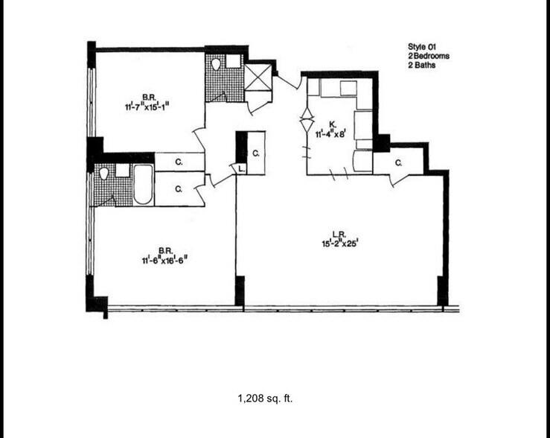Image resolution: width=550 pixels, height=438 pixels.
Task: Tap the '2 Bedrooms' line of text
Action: (429, 56)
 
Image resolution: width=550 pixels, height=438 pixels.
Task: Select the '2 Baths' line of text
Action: (422, 66)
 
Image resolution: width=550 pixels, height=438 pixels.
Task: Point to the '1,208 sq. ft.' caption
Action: (266, 399)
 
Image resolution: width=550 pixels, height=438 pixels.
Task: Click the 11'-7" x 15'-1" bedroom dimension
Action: (148, 106)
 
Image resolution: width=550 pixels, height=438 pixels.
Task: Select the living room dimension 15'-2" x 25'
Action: (340, 242)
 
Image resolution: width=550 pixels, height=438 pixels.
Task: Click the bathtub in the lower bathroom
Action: (143, 184)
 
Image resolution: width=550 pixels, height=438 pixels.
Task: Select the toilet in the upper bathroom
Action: (216, 64)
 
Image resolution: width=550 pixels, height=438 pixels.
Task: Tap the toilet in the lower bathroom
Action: (104, 174)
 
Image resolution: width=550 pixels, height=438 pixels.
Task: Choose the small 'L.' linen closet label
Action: (240, 169)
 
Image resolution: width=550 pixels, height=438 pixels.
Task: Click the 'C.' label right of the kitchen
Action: (398, 162)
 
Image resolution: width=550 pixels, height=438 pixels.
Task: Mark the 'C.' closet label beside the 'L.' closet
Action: (255, 153)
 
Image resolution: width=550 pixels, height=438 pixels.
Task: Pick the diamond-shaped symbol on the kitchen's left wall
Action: (305, 120)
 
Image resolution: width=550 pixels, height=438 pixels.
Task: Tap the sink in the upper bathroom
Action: (234, 61)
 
